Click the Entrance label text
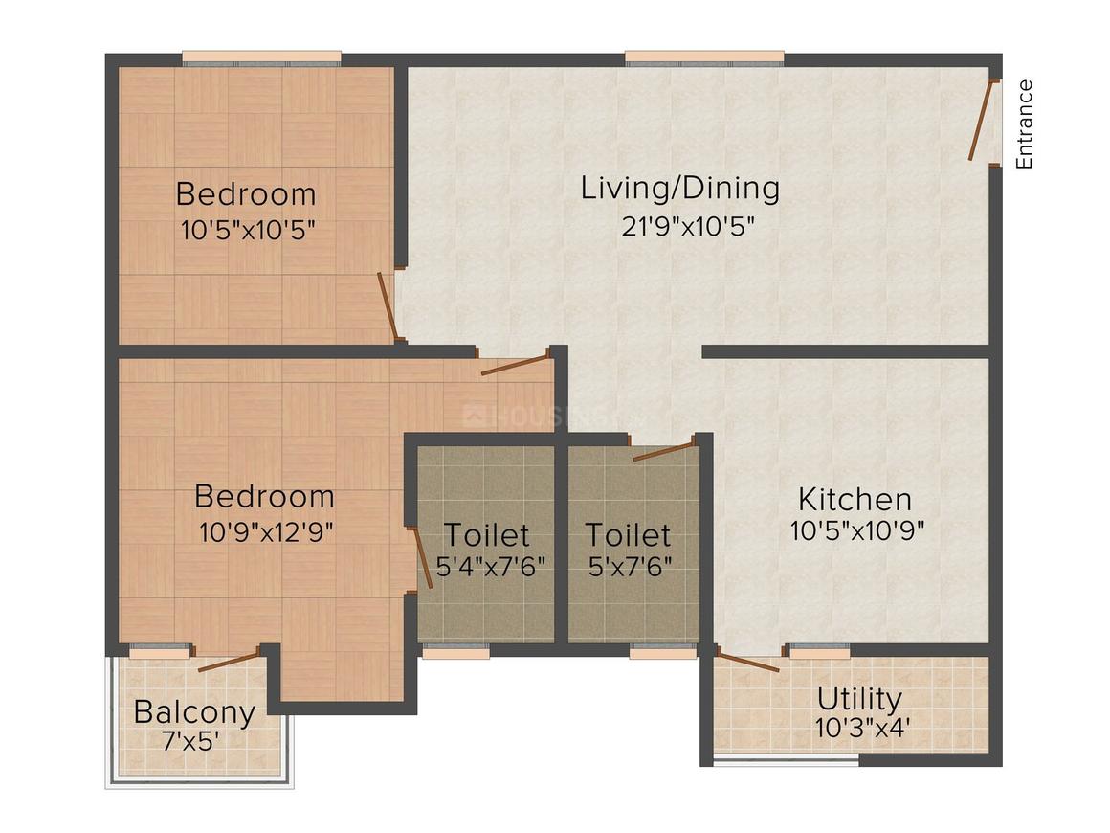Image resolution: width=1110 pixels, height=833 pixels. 1025,124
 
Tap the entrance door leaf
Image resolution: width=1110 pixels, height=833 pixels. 983,121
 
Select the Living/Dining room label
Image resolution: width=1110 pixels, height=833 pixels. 680,188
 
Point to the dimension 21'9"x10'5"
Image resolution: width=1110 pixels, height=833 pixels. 680,227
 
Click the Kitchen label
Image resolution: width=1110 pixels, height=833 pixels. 855,499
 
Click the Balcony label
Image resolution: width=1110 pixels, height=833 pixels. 194,712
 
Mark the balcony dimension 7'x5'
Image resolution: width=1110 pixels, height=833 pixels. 194,741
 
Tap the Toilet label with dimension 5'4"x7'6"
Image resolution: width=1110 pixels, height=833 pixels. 486,534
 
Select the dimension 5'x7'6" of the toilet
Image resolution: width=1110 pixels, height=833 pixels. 630,565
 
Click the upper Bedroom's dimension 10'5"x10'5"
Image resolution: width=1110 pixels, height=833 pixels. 247,231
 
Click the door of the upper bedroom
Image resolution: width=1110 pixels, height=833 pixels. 388,306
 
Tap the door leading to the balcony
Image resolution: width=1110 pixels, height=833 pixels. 228,662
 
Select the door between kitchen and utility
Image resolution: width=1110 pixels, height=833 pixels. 747,662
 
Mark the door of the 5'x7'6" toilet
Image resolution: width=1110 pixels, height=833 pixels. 662,450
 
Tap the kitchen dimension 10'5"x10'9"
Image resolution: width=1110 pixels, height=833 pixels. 856,530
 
